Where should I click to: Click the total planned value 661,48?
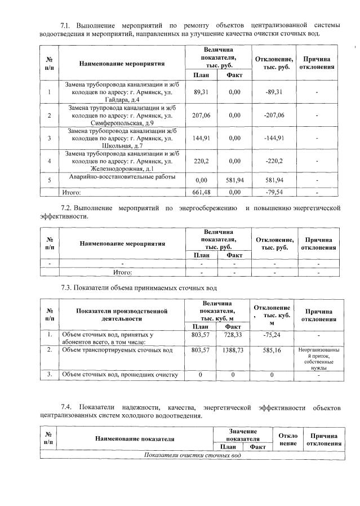[201, 192]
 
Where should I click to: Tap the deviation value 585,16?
[272, 350]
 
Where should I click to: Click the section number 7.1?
[66, 25]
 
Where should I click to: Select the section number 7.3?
[66, 287]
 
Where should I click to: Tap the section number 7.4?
[66, 406]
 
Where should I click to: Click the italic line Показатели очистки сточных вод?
[193, 455]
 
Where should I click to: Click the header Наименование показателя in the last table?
[134, 438]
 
